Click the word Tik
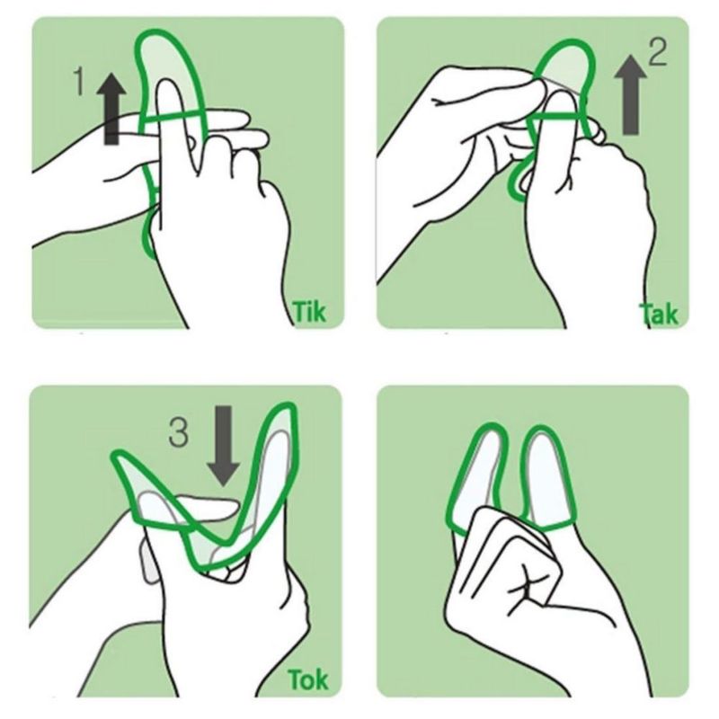click(x=309, y=312)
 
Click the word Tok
click(x=307, y=679)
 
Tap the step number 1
click(x=79, y=82)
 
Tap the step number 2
click(x=658, y=52)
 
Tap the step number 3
click(x=178, y=433)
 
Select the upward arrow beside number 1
click(x=111, y=109)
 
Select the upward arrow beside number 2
click(x=631, y=95)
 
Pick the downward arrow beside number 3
click(x=223, y=446)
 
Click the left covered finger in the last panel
click(x=477, y=477)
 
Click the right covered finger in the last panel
click(x=548, y=478)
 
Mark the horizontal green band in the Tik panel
click(x=174, y=117)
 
